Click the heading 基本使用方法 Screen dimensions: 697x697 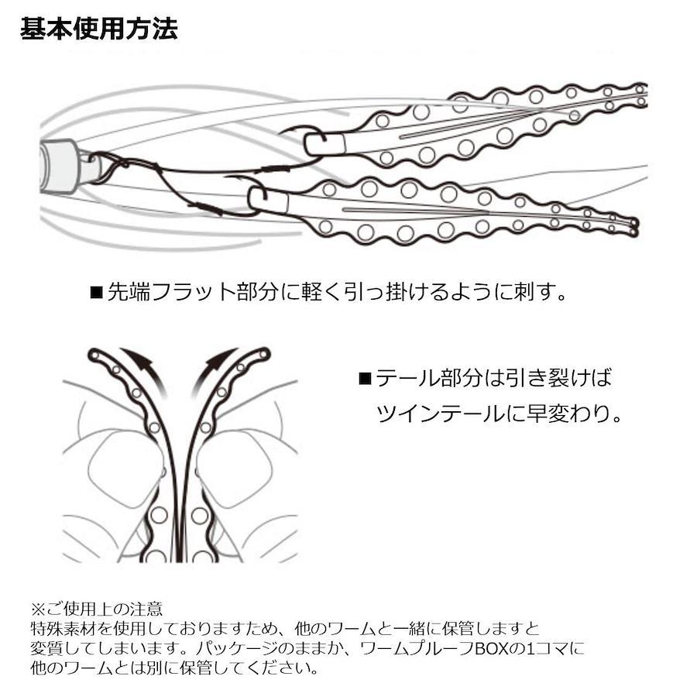(x=98, y=29)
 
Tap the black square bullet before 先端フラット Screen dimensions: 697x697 (x=97, y=293)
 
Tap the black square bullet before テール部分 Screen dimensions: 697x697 (x=365, y=378)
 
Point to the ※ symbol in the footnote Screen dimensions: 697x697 (x=38, y=608)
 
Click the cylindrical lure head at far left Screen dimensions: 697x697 (x=59, y=166)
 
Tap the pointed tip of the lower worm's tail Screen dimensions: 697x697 (x=637, y=227)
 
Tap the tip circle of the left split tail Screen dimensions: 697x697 (x=94, y=355)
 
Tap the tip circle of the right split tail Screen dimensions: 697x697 (x=265, y=354)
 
